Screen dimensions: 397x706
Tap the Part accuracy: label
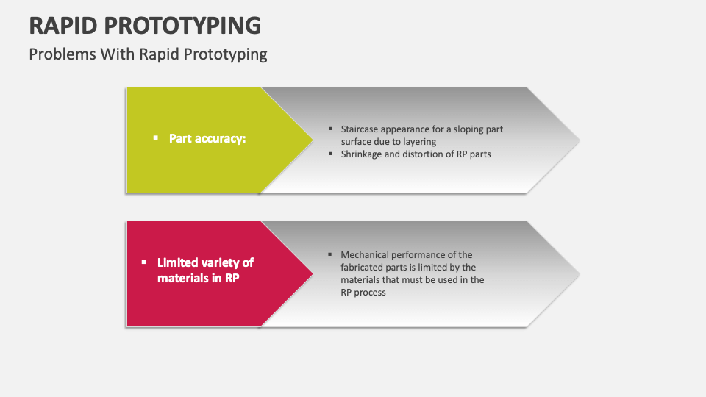tap(207, 138)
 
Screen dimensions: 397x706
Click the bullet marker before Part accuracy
tap(155, 137)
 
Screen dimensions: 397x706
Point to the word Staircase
tap(361, 129)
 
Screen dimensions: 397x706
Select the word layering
tap(419, 142)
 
